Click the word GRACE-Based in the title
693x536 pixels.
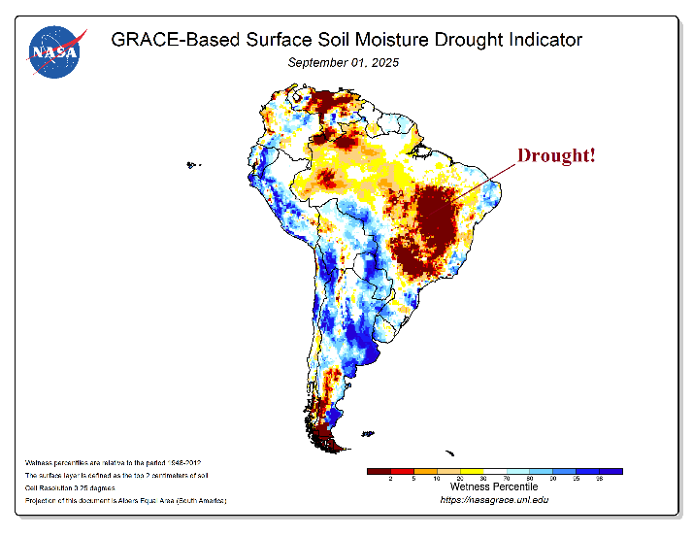[x=169, y=40]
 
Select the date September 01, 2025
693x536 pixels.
[x=344, y=62]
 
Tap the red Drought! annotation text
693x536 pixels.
[x=556, y=155]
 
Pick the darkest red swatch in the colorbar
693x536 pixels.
[x=379, y=471]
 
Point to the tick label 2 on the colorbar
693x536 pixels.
[x=390, y=480]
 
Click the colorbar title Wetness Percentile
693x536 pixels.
[x=494, y=488]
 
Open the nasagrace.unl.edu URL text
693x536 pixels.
[x=494, y=501]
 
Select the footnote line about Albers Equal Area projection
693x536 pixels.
[x=121, y=501]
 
